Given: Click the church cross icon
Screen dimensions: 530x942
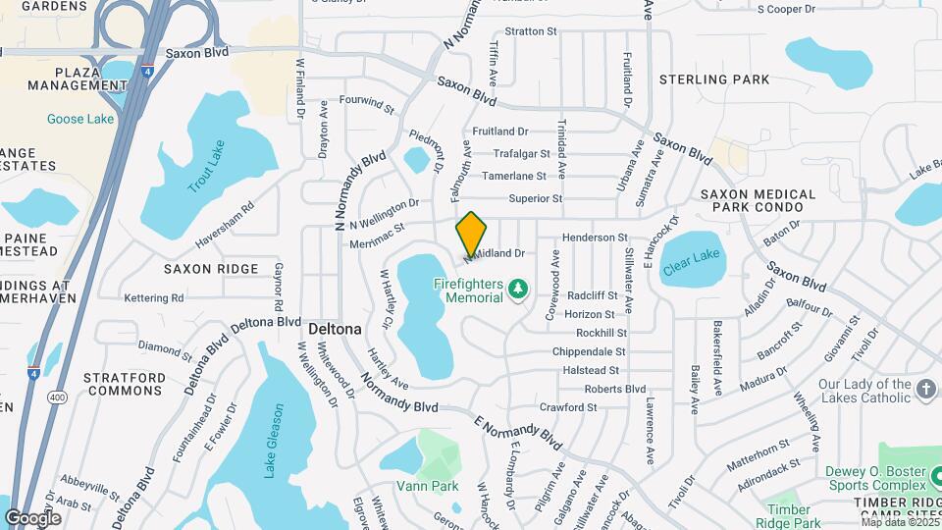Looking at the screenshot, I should pyautogui.click(x=924, y=391).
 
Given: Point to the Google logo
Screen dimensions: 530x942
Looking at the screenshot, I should pyautogui.click(x=32, y=517).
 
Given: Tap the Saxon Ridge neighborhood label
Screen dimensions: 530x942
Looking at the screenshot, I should pyautogui.click(x=211, y=268).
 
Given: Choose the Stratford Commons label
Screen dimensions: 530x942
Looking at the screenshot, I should pyautogui.click(x=125, y=384).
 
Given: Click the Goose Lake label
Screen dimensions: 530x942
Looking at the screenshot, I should pyautogui.click(x=80, y=119).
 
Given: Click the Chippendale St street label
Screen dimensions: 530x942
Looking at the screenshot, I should pyautogui.click(x=589, y=351).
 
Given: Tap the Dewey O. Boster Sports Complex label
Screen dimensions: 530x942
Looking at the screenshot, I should pyautogui.click(x=876, y=478).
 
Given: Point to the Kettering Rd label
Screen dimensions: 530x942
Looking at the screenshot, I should pyautogui.click(x=154, y=297).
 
